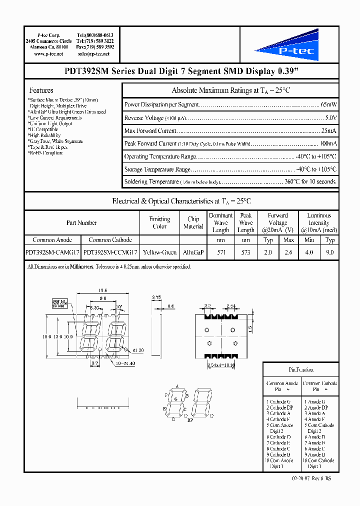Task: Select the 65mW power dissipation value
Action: click(x=328, y=105)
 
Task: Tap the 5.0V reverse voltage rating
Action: click(x=330, y=118)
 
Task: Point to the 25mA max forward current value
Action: click(x=329, y=131)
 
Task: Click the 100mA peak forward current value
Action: click(x=327, y=143)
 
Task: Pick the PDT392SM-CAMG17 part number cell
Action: click(x=52, y=253)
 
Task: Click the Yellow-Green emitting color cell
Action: click(x=159, y=253)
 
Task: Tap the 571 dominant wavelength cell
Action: click(x=220, y=253)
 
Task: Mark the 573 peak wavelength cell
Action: click(x=246, y=253)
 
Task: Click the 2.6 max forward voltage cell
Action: click(x=288, y=253)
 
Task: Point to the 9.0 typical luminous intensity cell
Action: click(x=330, y=253)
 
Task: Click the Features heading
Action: click(x=41, y=90)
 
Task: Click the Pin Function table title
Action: click(x=301, y=370)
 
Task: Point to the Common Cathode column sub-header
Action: click(x=110, y=240)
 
